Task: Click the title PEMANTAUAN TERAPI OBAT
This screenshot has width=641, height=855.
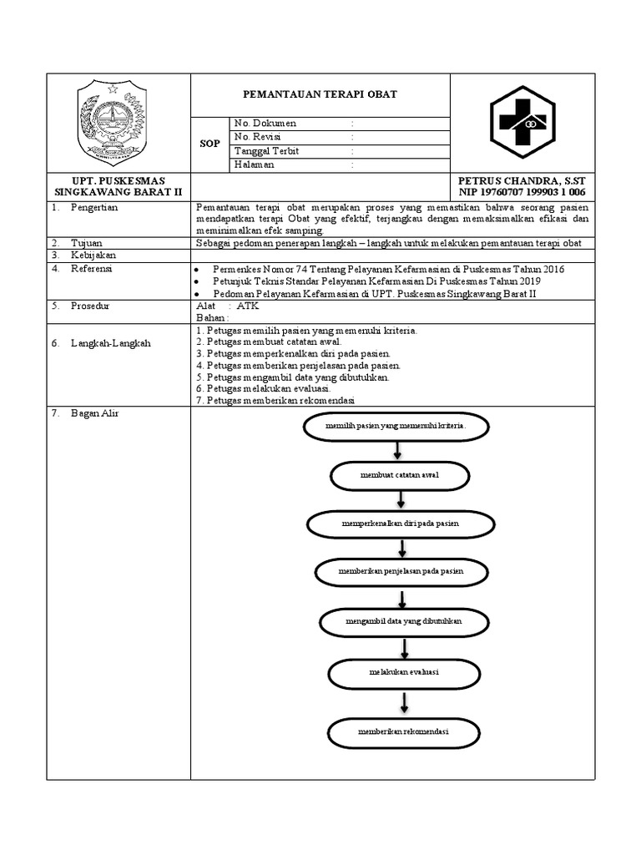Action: (320, 94)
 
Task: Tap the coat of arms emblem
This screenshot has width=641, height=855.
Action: (111, 124)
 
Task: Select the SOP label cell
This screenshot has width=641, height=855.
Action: (209, 144)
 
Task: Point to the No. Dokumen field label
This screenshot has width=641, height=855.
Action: (265, 124)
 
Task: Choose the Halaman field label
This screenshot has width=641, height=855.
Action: (255, 164)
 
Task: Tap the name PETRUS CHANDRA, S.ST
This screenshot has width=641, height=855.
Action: (522, 180)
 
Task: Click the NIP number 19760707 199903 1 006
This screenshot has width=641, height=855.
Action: (522, 192)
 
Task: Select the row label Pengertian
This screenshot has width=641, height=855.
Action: (93, 206)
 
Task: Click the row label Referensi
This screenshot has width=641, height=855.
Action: (91, 269)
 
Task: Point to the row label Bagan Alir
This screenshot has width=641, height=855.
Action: (94, 413)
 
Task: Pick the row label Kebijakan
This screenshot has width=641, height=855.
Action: (93, 255)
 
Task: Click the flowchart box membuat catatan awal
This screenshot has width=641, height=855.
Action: (399, 475)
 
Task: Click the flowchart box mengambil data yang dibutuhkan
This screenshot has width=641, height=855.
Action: (404, 622)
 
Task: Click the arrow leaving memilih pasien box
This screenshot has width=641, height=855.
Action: (397, 448)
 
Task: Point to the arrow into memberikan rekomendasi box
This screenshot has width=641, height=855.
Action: (404, 702)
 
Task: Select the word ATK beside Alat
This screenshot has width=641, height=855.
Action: (248, 306)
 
